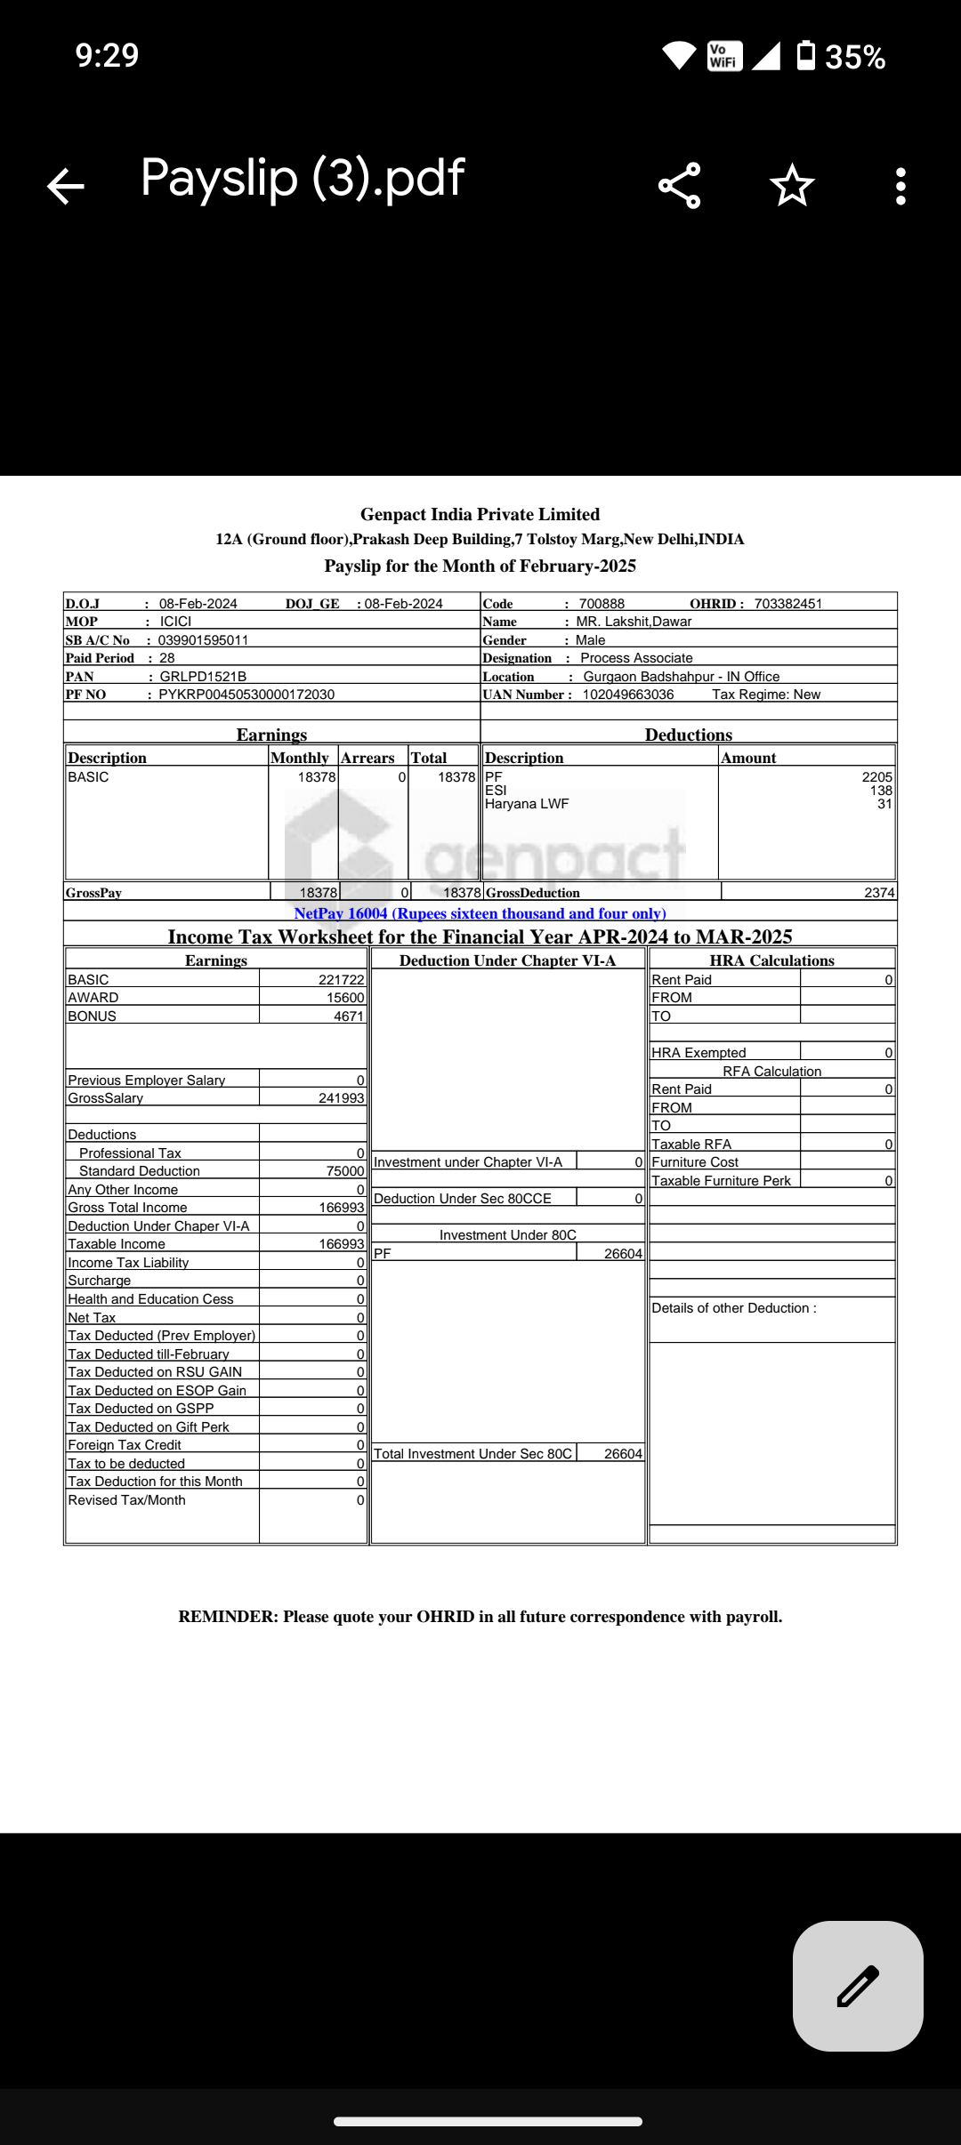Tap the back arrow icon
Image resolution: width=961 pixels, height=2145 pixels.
tap(66, 187)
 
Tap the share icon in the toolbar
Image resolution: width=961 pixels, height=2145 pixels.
tap(680, 186)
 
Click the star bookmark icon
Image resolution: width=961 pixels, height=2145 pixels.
tap(792, 186)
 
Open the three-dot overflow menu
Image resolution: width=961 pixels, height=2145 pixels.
tap(900, 187)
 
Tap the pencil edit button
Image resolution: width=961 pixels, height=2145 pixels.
tap(858, 1986)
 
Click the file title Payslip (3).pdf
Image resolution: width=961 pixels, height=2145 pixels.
tap(303, 178)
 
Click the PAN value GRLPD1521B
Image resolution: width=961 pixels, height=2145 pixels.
tap(203, 677)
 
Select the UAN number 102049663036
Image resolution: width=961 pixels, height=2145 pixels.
tap(628, 695)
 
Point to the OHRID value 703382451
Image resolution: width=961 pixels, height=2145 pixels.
tap(787, 604)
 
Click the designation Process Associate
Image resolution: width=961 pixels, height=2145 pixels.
tap(636, 658)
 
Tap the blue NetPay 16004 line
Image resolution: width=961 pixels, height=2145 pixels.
tap(480, 913)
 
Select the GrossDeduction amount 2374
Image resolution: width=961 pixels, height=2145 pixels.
tap(879, 893)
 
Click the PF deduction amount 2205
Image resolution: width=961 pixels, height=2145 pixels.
tap(876, 777)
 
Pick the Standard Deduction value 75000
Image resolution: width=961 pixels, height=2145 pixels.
tap(345, 1171)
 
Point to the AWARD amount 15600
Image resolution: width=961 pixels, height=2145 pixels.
tap(345, 998)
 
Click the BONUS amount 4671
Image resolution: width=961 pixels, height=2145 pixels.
tap(349, 1016)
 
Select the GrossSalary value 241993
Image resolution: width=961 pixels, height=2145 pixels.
tap(342, 1098)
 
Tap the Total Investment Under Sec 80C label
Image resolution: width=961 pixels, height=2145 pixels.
tap(472, 1454)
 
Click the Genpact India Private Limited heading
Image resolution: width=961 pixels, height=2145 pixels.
tap(480, 514)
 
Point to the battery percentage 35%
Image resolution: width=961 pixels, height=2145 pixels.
tap(854, 58)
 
